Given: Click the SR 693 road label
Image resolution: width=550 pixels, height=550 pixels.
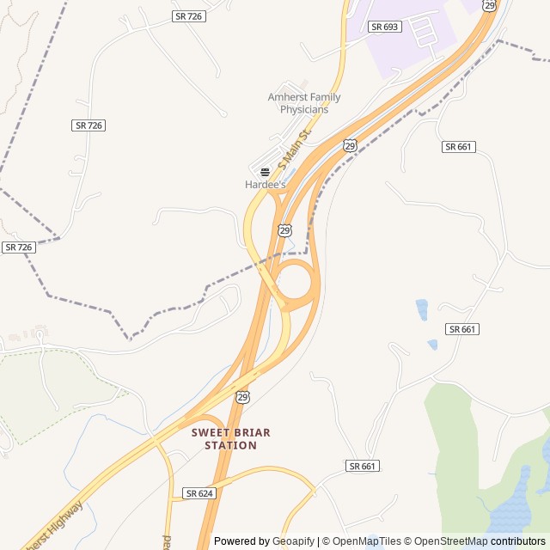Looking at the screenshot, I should (385, 27).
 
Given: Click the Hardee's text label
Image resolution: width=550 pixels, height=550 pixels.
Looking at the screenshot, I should (266, 185).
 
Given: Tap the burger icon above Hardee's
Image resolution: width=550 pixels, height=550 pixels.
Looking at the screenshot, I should (265, 172).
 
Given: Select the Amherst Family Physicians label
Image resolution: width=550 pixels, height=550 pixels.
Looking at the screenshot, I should (304, 103).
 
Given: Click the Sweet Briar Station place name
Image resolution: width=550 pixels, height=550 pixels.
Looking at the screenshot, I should (230, 439).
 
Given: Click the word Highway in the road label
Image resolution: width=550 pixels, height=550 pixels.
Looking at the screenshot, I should (65, 518).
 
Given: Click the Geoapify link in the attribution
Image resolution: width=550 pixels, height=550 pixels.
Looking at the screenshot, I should (294, 541).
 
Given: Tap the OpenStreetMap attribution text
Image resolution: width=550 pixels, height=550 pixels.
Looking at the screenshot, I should (452, 541).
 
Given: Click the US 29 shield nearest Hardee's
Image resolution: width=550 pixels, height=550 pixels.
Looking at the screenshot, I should (284, 229).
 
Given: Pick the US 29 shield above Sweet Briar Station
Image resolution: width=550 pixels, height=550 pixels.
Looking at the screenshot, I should (243, 396).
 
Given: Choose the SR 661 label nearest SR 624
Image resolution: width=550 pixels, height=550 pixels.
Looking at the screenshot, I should (363, 466).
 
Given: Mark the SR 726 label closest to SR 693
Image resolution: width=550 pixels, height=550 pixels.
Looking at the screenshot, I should (189, 16).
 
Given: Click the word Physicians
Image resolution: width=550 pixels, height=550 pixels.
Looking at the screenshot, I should (304, 109).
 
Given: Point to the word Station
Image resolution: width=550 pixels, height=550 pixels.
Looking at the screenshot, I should (230, 446).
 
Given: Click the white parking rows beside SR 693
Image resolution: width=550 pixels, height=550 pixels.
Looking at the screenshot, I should (424, 32).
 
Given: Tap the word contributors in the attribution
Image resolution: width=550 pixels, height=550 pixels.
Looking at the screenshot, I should (518, 541).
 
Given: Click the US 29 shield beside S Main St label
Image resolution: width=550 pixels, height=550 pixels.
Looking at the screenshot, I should (350, 145).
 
